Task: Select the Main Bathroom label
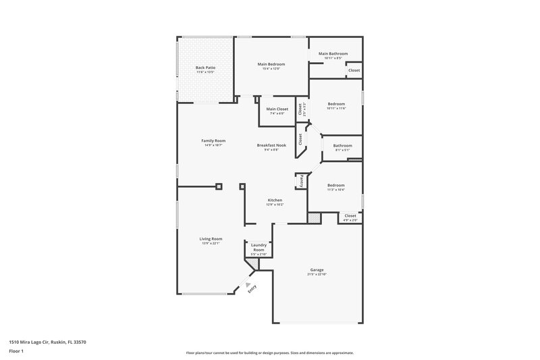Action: click(x=333, y=53)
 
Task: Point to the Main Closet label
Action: click(x=277, y=109)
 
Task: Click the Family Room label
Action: click(x=213, y=140)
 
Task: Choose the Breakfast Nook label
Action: click(x=271, y=145)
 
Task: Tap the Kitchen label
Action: click(x=275, y=200)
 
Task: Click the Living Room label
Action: click(x=211, y=238)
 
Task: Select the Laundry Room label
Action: click(x=259, y=247)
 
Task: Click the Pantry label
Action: click(x=301, y=182)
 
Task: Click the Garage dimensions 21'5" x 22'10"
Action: click(x=317, y=274)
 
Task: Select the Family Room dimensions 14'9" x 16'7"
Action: click(x=213, y=145)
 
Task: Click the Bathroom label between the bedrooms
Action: click(x=342, y=145)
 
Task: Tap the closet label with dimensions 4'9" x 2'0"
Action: click(x=350, y=215)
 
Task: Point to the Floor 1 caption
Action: click(x=16, y=352)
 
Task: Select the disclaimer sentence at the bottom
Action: click(x=269, y=353)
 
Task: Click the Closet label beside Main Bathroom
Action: click(x=354, y=70)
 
